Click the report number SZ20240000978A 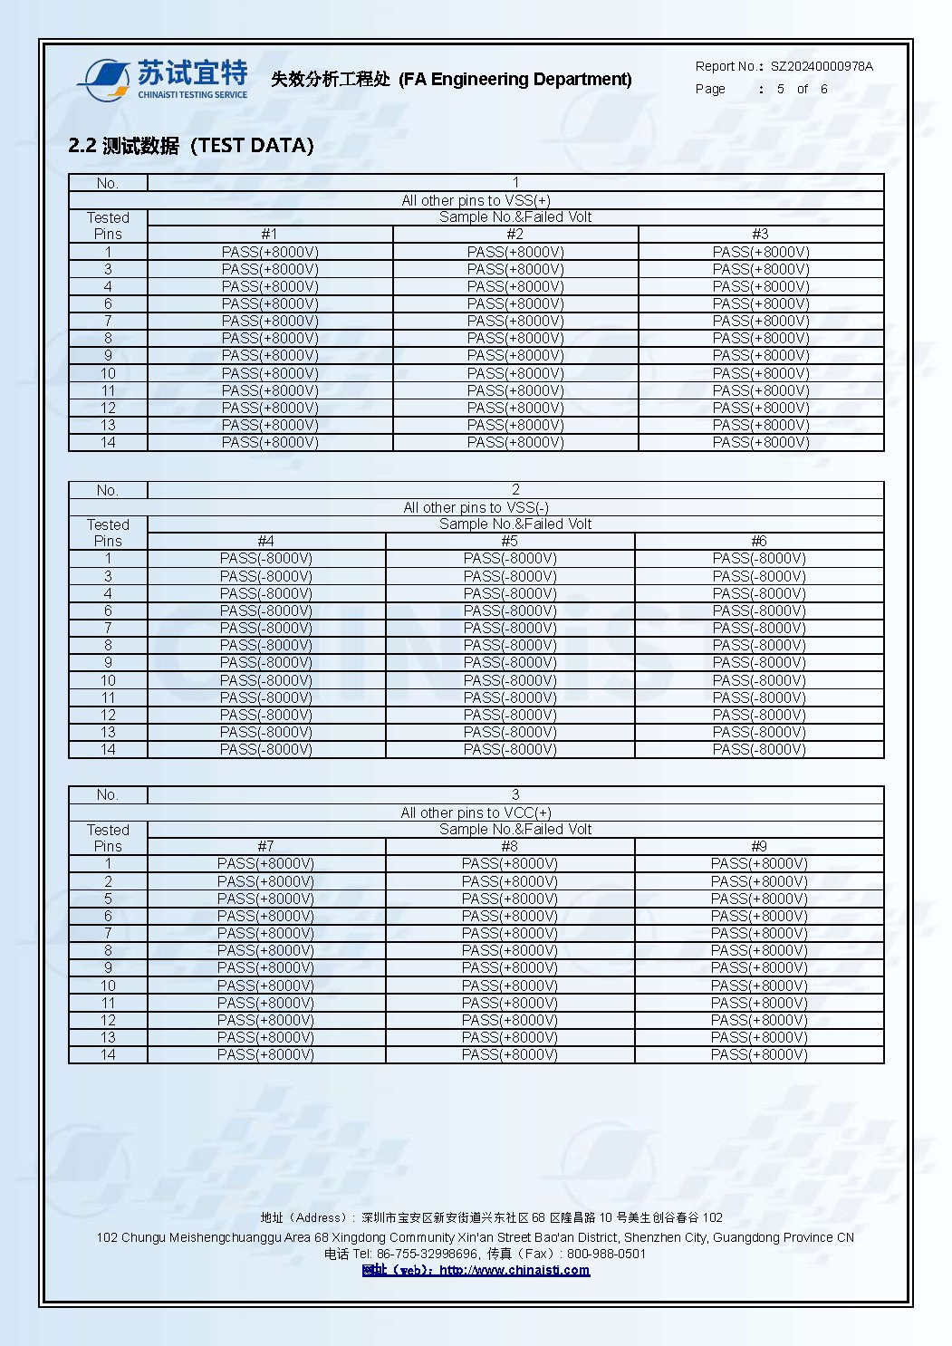pos(822,66)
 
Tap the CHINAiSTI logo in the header pos(163,80)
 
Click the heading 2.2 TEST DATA pos(191,145)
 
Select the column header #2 pos(514,234)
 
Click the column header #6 pos(759,541)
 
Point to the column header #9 pos(759,846)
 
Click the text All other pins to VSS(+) pos(476,200)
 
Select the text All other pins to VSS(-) pos(476,507)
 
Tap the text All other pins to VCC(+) pos(476,812)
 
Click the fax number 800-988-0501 pos(606,1254)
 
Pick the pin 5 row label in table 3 pos(108,899)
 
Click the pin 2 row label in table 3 pos(108,881)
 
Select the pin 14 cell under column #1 pos(270,442)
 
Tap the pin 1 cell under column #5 pos(510,558)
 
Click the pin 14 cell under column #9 pos(759,1054)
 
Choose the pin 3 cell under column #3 pos(761,269)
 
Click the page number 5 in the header pos(781,89)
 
